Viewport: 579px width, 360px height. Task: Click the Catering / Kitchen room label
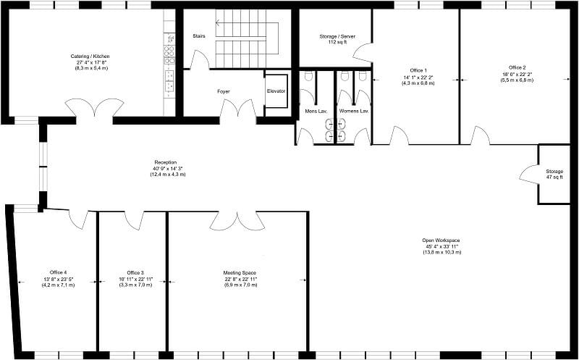point(90,56)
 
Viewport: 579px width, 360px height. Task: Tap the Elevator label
point(276,91)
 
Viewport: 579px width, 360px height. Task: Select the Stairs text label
point(200,35)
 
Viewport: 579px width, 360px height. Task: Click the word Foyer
point(224,91)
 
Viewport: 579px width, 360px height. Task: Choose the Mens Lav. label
point(314,112)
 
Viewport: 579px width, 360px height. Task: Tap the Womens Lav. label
point(354,112)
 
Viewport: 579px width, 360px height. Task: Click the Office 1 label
point(415,70)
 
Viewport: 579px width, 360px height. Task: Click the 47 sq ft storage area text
point(554,177)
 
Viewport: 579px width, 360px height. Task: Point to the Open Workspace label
point(441,240)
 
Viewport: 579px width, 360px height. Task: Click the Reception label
point(165,162)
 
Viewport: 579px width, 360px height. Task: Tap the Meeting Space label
point(237,273)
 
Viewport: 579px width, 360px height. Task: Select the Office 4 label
point(58,273)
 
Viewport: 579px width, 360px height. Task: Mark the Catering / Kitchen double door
point(94,109)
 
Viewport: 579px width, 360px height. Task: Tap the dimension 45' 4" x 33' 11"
point(441,246)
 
